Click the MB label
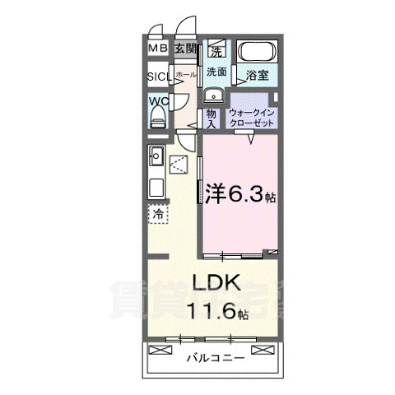157,49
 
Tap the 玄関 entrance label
184,49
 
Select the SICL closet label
159,77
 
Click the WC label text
158,102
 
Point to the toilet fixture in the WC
158,118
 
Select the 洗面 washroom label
216,71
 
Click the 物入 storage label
211,118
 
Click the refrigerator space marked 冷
157,213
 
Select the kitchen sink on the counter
156,155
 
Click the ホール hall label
187,74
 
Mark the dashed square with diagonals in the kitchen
179,165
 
